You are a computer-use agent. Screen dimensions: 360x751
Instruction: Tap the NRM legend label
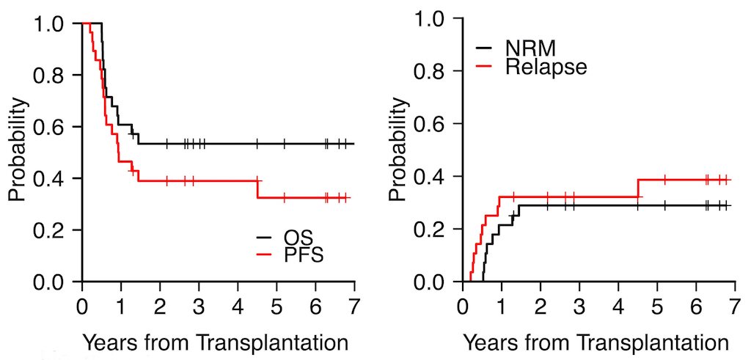click(530, 49)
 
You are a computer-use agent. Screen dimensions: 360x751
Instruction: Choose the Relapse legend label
click(546, 67)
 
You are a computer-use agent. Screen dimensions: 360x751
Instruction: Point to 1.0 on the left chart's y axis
click(52, 24)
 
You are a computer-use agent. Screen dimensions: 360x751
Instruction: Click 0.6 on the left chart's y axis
click(52, 128)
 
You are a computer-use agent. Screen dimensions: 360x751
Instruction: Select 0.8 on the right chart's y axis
click(432, 71)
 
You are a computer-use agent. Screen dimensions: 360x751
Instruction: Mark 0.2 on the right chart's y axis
click(432, 229)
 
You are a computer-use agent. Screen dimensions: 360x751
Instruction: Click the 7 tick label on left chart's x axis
click(354, 305)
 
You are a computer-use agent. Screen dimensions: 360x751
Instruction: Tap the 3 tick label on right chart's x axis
click(579, 305)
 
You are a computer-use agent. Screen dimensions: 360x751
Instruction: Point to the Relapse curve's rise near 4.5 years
click(638, 188)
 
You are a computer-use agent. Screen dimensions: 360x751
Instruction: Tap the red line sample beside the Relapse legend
click(485, 67)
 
